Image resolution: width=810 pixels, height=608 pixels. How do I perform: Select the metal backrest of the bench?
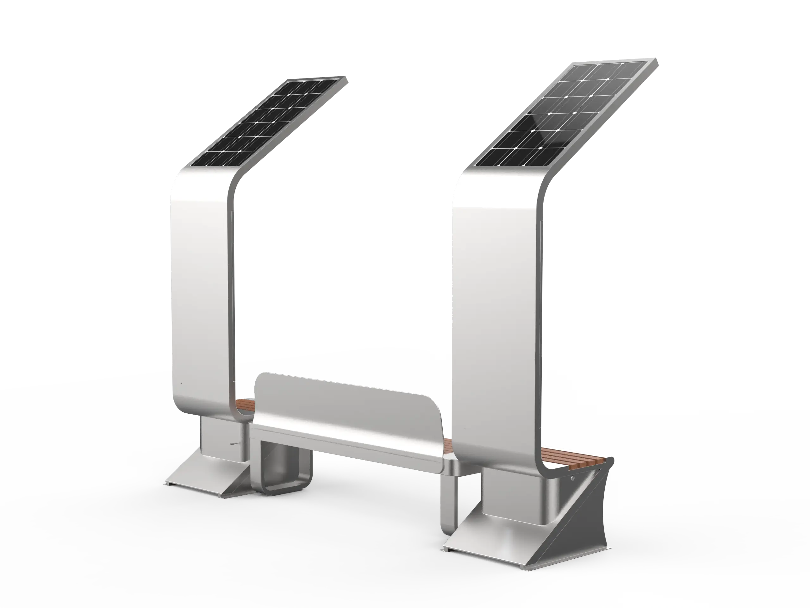pyautogui.click(x=344, y=403)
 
